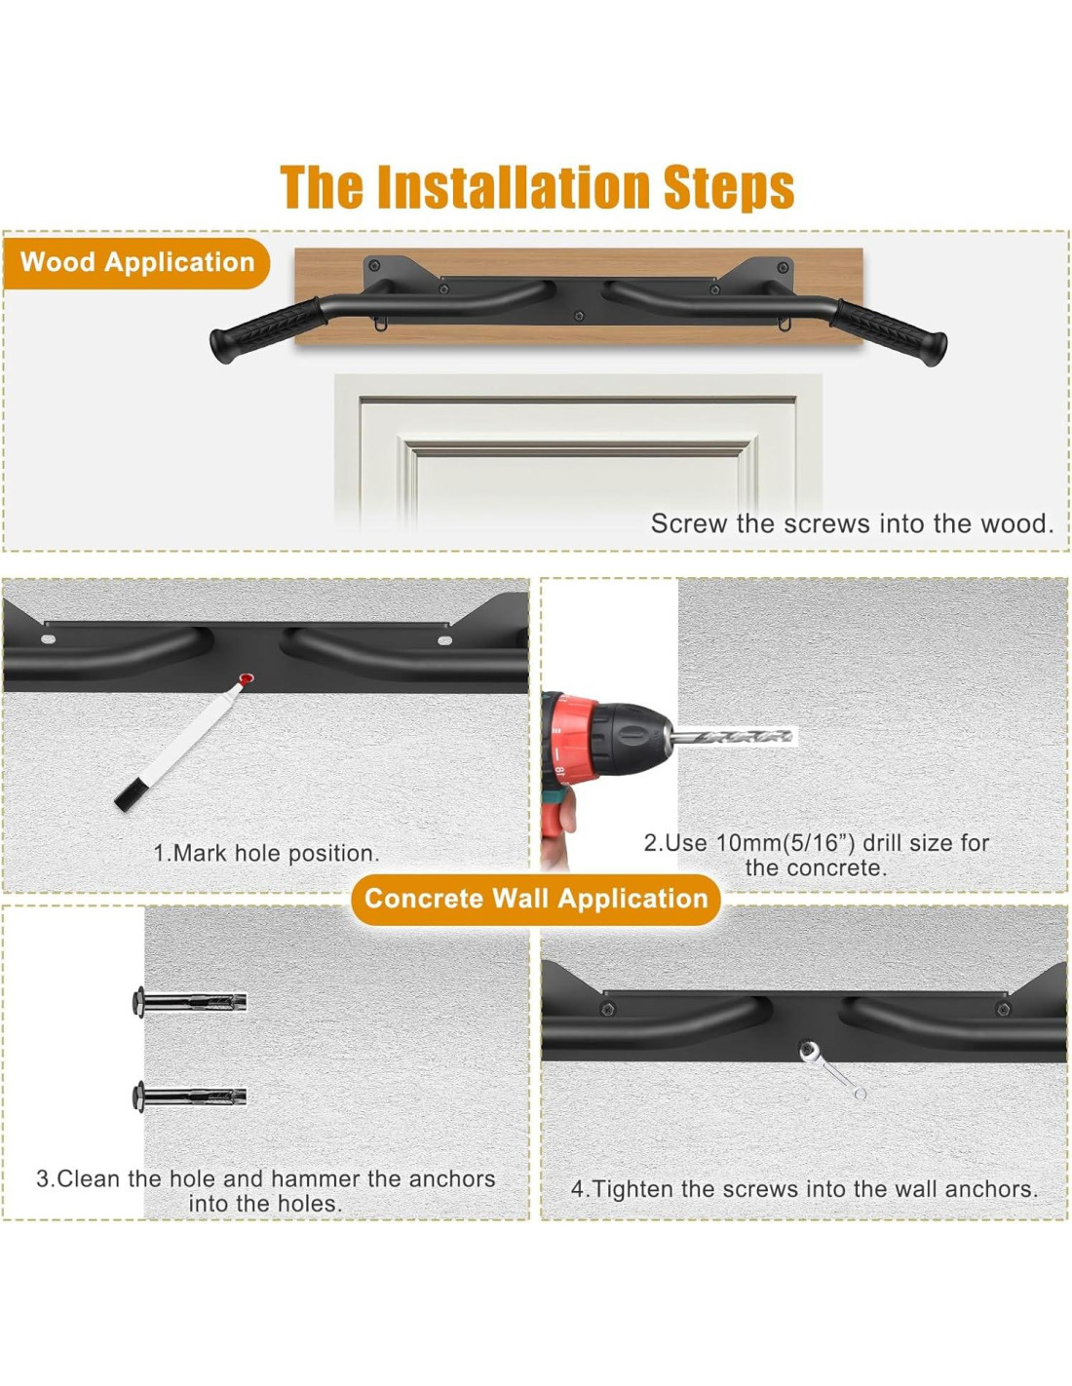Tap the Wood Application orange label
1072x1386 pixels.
coord(136,262)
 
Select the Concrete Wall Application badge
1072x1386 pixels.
coord(536,899)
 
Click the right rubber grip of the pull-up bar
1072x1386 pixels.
coord(889,331)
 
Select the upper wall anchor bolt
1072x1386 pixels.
coord(189,1002)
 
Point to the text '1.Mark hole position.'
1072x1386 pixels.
coord(266,853)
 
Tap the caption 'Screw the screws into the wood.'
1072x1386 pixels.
coord(852,523)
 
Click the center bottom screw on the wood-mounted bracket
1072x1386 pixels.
coord(579,316)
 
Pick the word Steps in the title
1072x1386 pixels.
coord(729,188)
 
